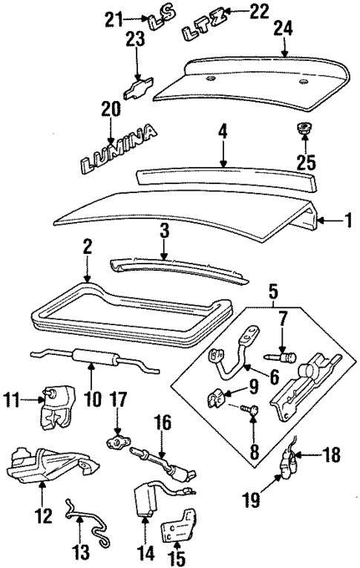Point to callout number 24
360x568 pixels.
click(282, 28)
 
